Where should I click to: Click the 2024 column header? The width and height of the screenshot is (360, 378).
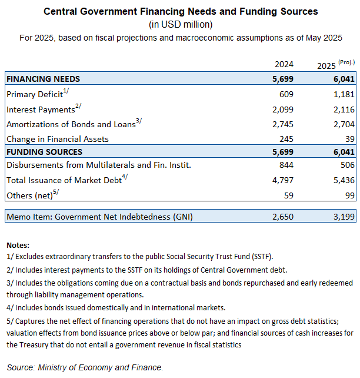[284, 64]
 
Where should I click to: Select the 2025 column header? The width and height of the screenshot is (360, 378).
[326, 66]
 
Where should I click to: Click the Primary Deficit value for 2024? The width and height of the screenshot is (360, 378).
[286, 94]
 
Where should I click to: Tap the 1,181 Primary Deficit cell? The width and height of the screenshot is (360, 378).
[344, 94]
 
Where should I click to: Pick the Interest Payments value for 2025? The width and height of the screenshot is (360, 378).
[344, 110]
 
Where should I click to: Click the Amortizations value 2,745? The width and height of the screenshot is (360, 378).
[283, 124]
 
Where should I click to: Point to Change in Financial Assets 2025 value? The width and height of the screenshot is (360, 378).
[350, 139]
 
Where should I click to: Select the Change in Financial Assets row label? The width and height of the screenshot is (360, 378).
[58, 139]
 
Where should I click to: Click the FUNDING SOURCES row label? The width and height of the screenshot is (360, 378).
[44, 152]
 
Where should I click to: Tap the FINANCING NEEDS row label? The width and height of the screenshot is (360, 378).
[43, 79]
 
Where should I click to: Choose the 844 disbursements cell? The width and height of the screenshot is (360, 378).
[286, 165]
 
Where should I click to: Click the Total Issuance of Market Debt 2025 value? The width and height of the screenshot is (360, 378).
[344, 180]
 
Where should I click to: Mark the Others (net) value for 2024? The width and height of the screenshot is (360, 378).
[289, 195]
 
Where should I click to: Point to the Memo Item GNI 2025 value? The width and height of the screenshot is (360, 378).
[344, 217]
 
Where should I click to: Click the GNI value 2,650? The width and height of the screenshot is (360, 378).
[283, 217]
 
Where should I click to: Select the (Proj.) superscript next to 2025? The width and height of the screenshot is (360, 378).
[346, 62]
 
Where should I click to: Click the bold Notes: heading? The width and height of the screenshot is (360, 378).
[18, 245]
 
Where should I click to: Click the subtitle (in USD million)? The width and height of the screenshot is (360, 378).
[181, 24]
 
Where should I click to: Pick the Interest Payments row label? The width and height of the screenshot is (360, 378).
[41, 110]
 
